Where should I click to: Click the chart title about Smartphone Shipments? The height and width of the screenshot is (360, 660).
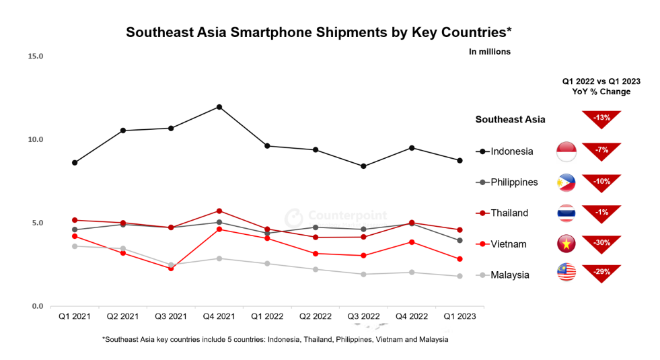[319, 32]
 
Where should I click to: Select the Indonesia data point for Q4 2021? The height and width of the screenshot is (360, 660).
[219, 107]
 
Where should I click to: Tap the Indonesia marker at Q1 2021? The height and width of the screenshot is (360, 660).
[75, 163]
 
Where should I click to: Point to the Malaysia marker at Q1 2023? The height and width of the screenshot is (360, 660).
[460, 276]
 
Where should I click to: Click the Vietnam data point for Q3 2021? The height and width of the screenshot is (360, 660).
[171, 268]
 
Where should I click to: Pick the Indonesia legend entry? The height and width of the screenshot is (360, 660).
[505, 151]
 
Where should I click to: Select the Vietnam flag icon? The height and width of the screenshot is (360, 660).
[566, 244]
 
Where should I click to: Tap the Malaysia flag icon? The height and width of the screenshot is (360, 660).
[566, 273]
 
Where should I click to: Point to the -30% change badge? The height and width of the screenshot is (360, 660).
[601, 244]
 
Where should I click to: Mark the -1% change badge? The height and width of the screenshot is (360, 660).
[601, 213]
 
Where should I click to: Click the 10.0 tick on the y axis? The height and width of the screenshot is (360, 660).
[35, 140]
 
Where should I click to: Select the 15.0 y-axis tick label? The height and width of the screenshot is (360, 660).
[35, 57]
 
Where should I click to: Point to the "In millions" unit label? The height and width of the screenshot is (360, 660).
[489, 52]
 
